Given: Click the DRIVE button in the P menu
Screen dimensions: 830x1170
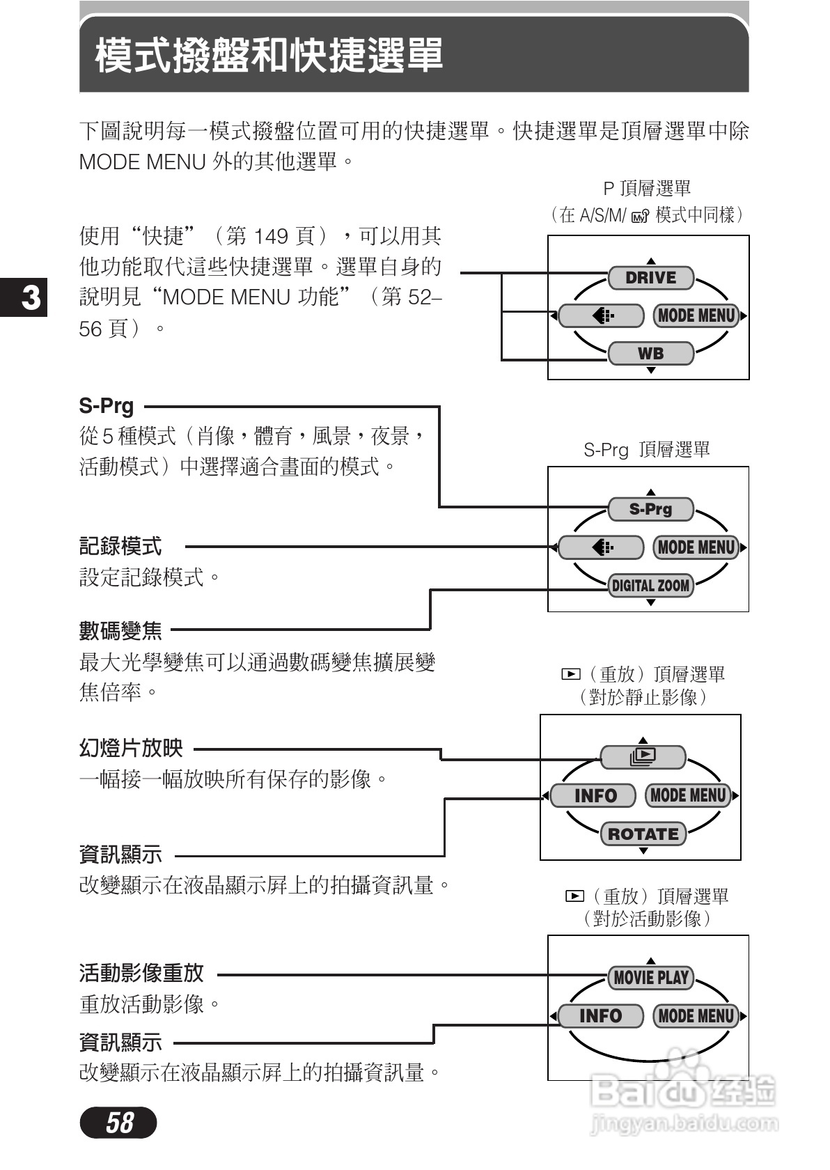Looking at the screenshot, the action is (x=651, y=278).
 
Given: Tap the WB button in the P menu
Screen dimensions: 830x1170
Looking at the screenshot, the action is (x=651, y=353).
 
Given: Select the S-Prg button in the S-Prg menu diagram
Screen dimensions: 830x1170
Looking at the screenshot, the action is (x=651, y=509).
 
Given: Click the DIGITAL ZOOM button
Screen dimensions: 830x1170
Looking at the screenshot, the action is (x=651, y=585).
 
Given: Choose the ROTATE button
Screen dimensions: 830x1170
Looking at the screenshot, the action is (x=643, y=834).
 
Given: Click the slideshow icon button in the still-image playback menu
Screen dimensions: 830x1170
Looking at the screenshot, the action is (x=643, y=756).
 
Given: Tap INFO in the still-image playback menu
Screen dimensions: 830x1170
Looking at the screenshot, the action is (x=593, y=795).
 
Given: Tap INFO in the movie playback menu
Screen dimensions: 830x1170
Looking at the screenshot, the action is (x=600, y=1016).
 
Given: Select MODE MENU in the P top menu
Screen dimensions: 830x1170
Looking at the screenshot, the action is (x=696, y=315).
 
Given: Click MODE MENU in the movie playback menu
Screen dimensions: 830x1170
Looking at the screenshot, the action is (x=696, y=1016).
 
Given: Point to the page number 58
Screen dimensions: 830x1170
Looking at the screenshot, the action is (x=118, y=1123).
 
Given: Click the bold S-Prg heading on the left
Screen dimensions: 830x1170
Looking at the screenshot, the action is (x=107, y=406).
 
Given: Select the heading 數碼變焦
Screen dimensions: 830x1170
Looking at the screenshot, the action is (x=120, y=631).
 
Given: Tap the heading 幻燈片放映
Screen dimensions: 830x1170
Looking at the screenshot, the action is (x=131, y=749).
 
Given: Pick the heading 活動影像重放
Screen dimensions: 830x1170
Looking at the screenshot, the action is (x=141, y=973).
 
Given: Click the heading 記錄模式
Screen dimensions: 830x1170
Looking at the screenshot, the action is (x=120, y=547).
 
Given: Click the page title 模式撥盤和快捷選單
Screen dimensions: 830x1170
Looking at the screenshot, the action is (x=269, y=56).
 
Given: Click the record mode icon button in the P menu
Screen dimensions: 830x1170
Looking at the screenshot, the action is (x=601, y=315).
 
